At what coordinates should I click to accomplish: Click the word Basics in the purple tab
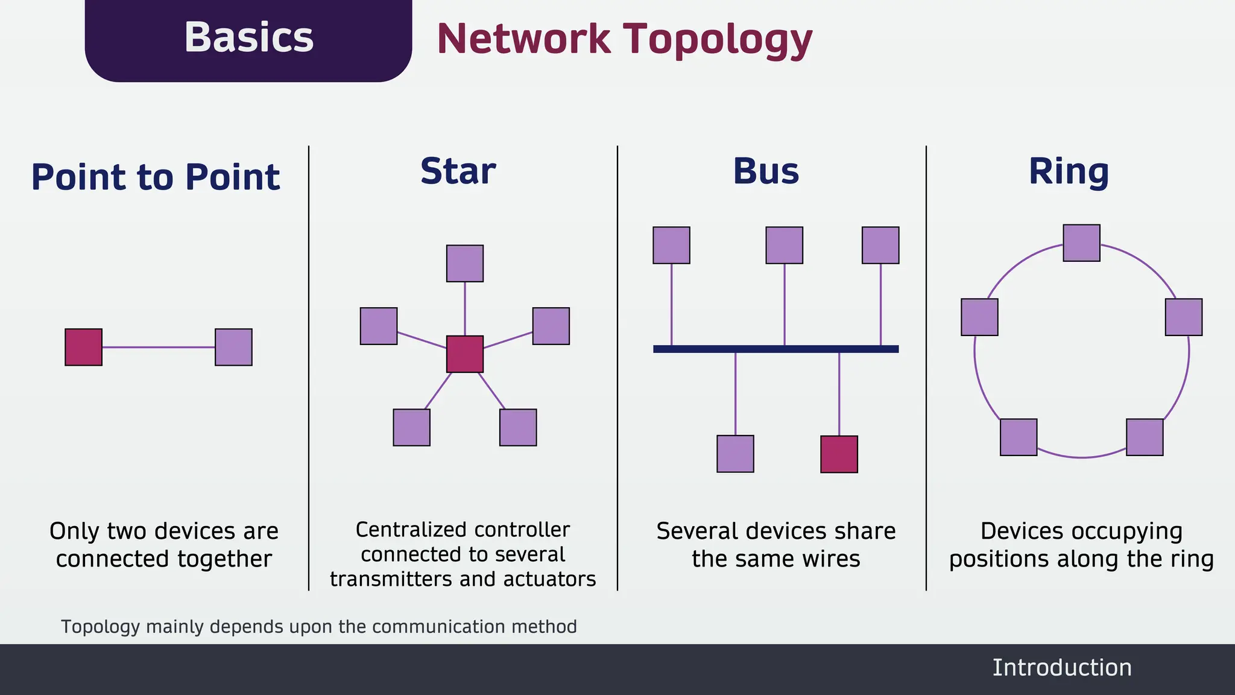pyautogui.click(x=248, y=37)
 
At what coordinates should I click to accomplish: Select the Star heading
pyautogui.click(x=458, y=171)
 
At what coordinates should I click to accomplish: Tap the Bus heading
pyautogui.click(x=766, y=171)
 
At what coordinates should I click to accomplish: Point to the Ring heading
pyautogui.click(x=1069, y=171)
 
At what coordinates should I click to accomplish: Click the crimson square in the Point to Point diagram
pyautogui.click(x=83, y=347)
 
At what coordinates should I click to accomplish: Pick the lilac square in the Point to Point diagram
pyautogui.click(x=233, y=347)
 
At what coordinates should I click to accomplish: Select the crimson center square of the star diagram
pyautogui.click(x=464, y=354)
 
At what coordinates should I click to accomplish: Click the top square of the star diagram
pyautogui.click(x=464, y=263)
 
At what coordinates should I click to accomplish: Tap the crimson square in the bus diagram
pyautogui.click(x=839, y=454)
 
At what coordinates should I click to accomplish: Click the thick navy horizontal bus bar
pyautogui.click(x=775, y=349)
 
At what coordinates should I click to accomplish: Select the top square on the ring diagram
pyautogui.click(x=1081, y=243)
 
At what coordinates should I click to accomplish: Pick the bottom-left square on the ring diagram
pyautogui.click(x=1019, y=437)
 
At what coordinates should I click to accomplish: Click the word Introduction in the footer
pyautogui.click(x=1061, y=668)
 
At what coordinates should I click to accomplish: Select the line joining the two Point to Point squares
pyautogui.click(x=158, y=347)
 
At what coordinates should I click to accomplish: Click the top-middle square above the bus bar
pyautogui.click(x=784, y=245)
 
